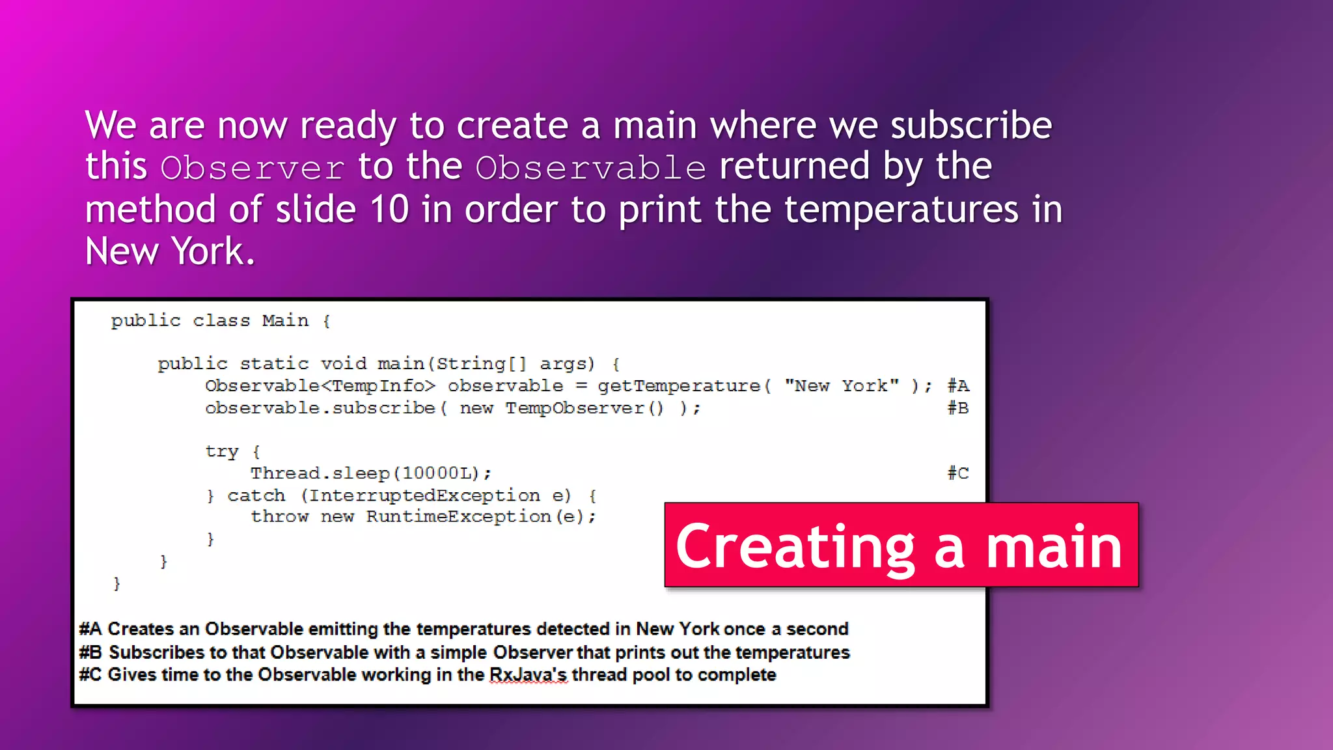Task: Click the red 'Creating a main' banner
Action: tap(901, 546)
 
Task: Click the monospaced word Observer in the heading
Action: tap(252, 168)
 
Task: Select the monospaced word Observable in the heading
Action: tap(590, 168)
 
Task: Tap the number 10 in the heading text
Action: tap(389, 210)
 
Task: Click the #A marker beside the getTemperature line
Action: tap(957, 386)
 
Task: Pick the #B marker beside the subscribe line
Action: tap(957, 408)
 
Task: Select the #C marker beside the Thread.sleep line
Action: tap(957, 473)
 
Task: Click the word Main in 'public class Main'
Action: tap(285, 321)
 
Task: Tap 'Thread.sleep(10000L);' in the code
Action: tap(371, 473)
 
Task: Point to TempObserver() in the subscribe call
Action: tap(584, 408)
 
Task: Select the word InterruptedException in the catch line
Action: tap(424, 495)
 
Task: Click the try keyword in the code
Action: tap(221, 451)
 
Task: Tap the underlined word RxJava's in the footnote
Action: tap(528, 675)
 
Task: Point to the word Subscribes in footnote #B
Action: tap(156, 652)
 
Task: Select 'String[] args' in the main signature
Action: tap(514, 364)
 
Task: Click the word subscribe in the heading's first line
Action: tap(970, 125)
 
